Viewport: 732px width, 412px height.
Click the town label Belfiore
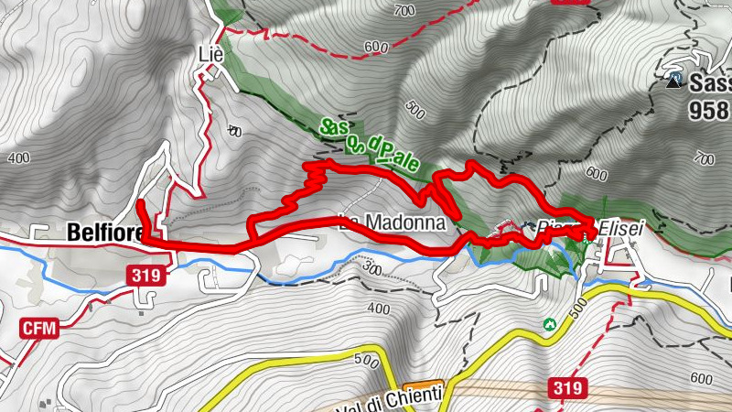point(104,233)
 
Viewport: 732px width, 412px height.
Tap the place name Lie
point(210,54)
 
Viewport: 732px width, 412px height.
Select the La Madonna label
point(392,222)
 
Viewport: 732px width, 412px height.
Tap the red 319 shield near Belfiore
point(146,276)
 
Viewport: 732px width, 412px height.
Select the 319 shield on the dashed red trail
point(567,388)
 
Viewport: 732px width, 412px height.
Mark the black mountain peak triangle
point(675,81)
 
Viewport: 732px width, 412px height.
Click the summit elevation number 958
point(710,109)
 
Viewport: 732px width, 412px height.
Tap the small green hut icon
point(550,324)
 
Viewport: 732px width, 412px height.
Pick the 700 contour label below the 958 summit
point(704,158)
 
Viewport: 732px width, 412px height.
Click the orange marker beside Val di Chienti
point(424,385)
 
